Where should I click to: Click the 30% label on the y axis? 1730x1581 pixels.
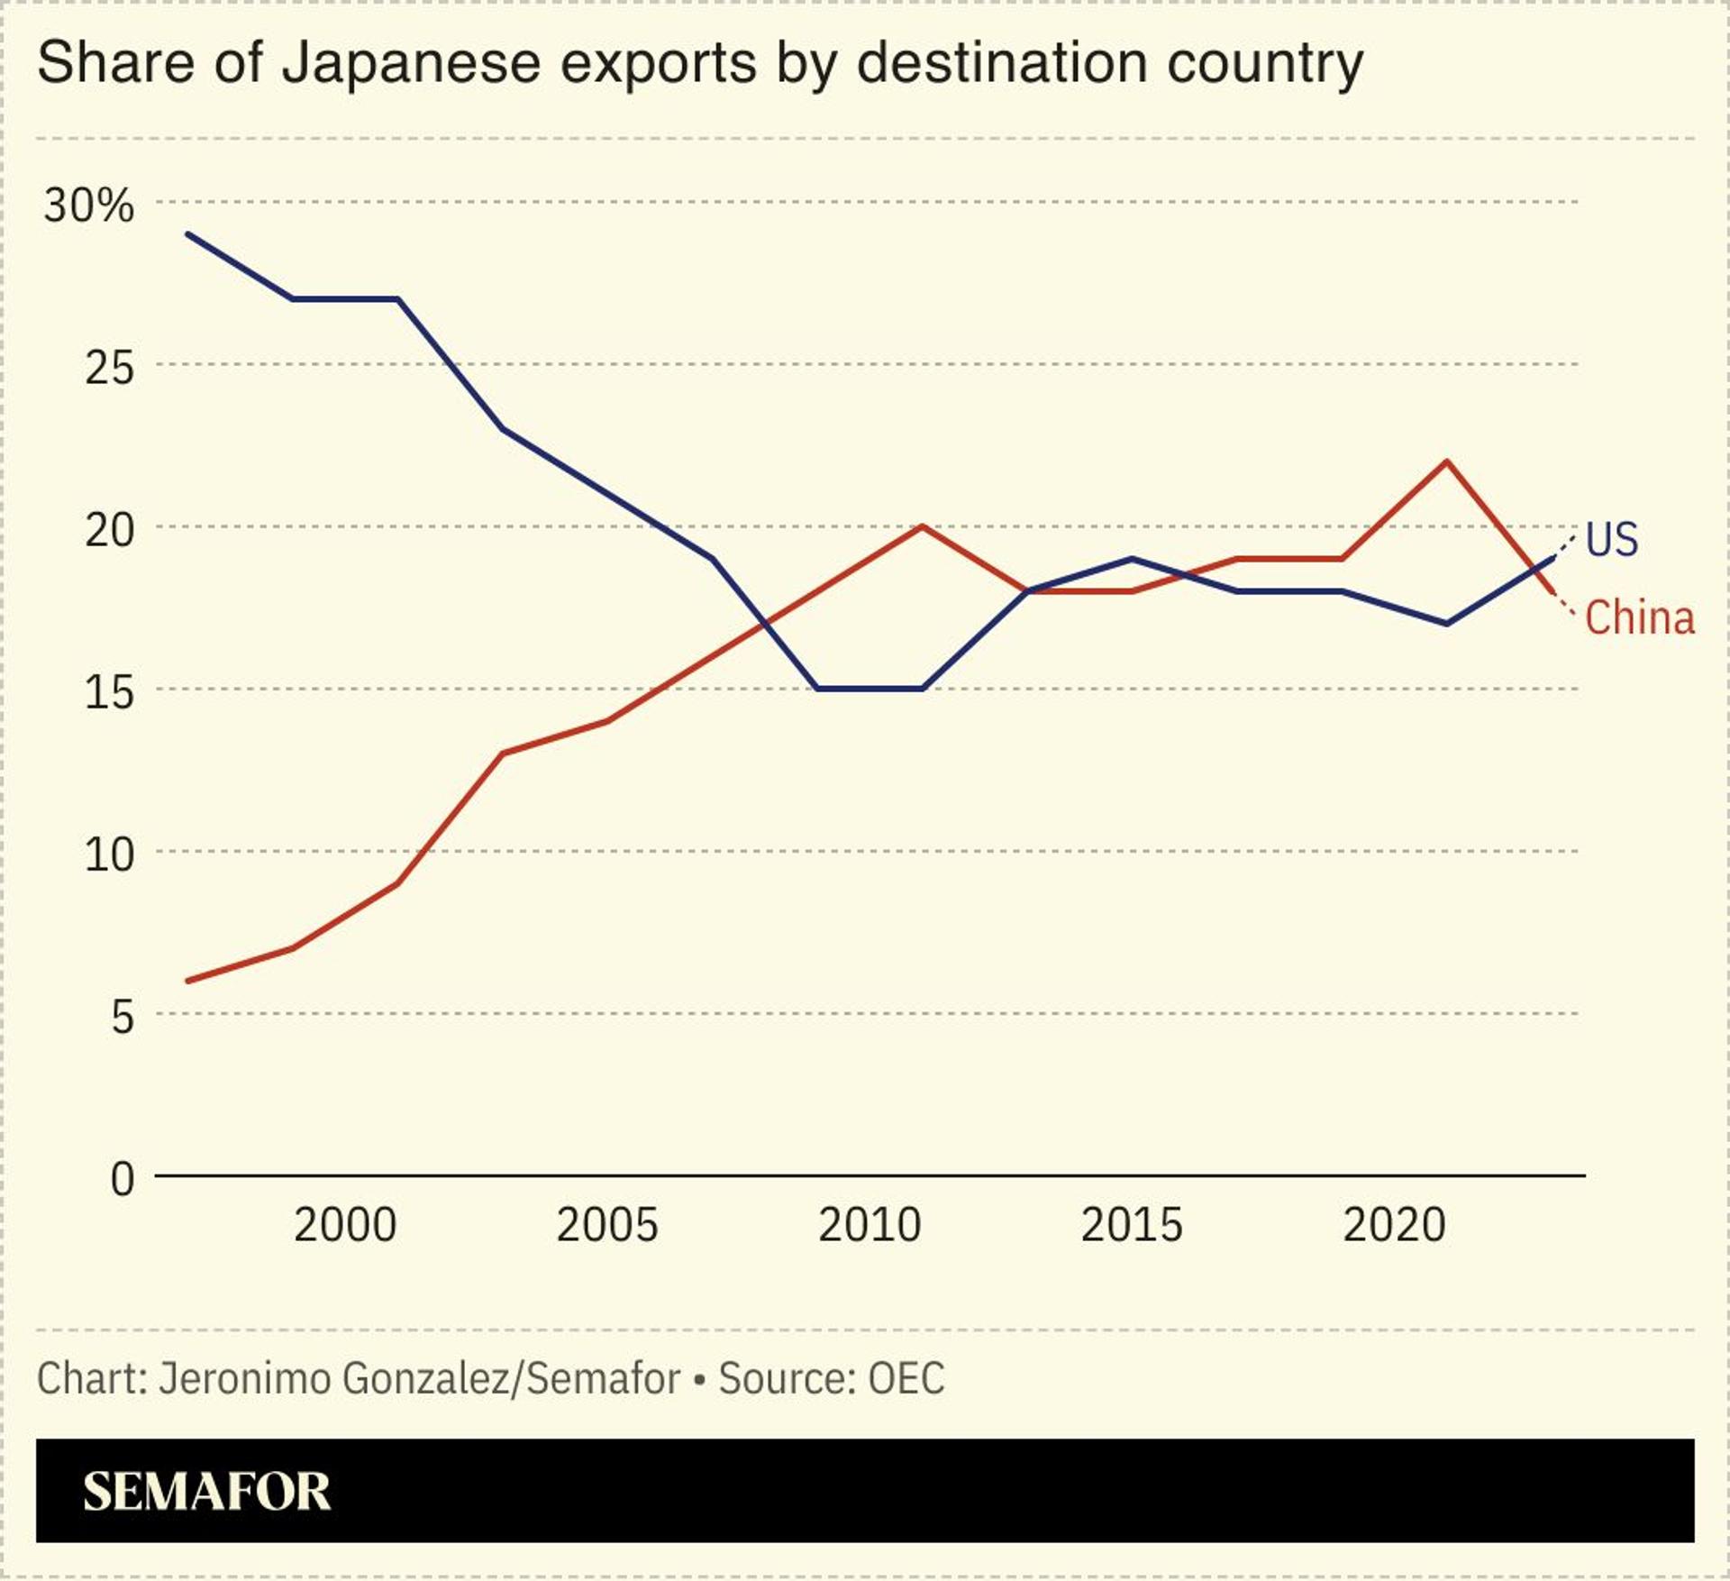coord(88,206)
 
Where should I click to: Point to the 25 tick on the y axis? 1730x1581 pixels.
coord(109,368)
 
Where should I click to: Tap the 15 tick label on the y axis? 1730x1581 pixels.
coord(109,692)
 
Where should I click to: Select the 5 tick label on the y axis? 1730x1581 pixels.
coord(122,1018)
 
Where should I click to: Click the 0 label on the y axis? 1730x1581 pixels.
coord(122,1179)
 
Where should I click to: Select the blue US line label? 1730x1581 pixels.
coord(1611,540)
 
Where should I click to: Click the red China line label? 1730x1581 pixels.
coord(1639,618)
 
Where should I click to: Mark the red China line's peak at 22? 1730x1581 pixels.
coord(1446,462)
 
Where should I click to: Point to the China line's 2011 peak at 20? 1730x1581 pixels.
coord(922,526)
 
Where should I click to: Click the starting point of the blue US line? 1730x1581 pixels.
coord(187,233)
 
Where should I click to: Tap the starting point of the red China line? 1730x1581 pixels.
coord(187,981)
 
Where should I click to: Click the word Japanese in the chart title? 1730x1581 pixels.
coord(411,63)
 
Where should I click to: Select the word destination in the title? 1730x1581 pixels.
coord(1001,63)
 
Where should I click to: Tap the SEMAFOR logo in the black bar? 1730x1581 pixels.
coord(206,1492)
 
